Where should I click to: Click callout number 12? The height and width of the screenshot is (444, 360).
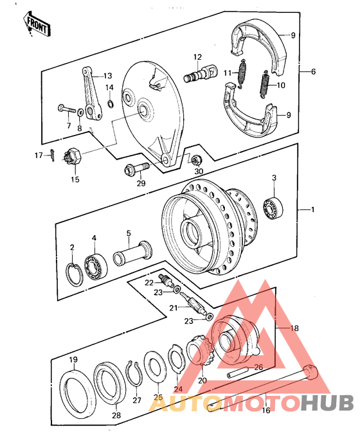click(x=197, y=57)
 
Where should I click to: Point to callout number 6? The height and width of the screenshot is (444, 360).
click(x=312, y=72)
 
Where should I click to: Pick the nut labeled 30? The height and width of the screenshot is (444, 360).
click(x=198, y=159)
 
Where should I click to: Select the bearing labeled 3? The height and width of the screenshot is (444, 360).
click(x=273, y=208)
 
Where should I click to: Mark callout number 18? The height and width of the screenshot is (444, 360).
click(x=295, y=328)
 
